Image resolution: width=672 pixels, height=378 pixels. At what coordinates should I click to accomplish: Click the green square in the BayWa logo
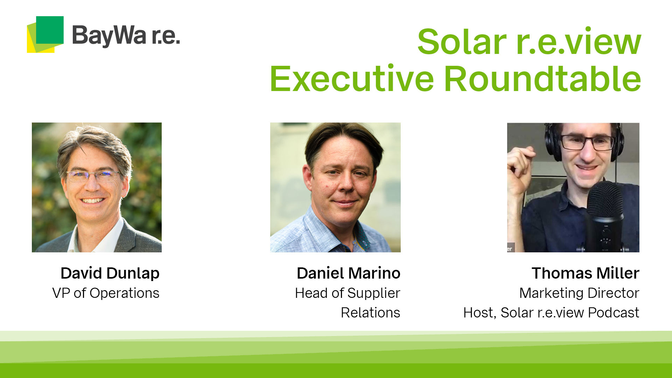tap(50, 30)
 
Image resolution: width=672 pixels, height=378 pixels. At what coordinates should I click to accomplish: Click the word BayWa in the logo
tap(108, 36)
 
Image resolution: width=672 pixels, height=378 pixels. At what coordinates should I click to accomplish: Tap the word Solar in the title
tap(462, 42)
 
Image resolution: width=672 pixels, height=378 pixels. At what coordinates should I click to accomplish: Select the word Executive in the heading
tap(352, 79)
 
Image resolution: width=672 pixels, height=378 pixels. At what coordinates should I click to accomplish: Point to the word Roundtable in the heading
tap(542, 79)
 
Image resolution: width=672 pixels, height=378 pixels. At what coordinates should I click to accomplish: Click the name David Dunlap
tap(110, 273)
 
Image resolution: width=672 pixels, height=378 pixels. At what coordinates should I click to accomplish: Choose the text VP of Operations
tap(106, 293)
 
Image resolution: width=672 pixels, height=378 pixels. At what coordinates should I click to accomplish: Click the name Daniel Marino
tap(348, 273)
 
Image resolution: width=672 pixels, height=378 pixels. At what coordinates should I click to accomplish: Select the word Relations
tap(370, 313)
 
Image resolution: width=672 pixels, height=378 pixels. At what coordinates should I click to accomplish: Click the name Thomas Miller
tap(585, 273)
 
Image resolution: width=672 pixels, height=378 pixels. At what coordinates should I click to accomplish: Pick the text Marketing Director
tap(579, 293)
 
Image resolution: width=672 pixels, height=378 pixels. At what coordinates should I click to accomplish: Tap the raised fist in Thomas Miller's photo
tap(520, 164)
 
